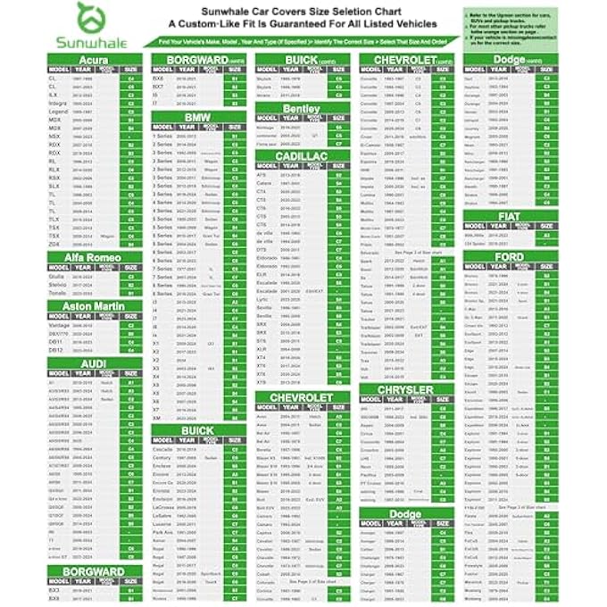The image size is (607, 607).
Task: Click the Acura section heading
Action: (x=95, y=60)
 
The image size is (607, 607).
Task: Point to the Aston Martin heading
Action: (x=95, y=307)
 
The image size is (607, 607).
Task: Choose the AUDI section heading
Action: (x=95, y=363)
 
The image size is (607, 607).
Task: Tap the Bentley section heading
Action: (x=301, y=108)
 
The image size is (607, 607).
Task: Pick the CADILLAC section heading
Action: (x=301, y=155)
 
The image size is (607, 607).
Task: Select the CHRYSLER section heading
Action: (x=405, y=390)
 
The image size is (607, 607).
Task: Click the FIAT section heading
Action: (x=510, y=217)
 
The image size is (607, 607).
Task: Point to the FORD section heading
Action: (x=510, y=257)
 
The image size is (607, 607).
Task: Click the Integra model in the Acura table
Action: (x=59, y=104)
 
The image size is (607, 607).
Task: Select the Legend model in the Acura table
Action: (x=59, y=112)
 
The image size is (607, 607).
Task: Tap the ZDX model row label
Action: (x=55, y=244)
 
